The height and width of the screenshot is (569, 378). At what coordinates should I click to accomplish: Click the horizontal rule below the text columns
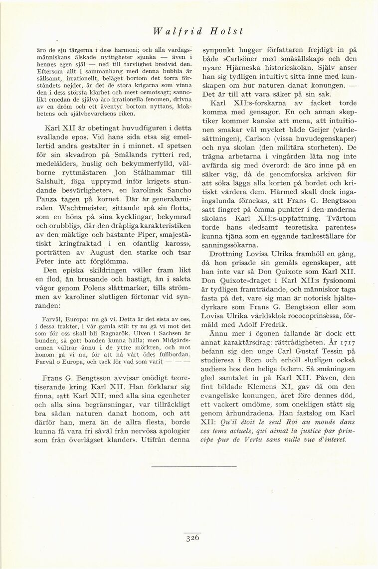click(x=189, y=466)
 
